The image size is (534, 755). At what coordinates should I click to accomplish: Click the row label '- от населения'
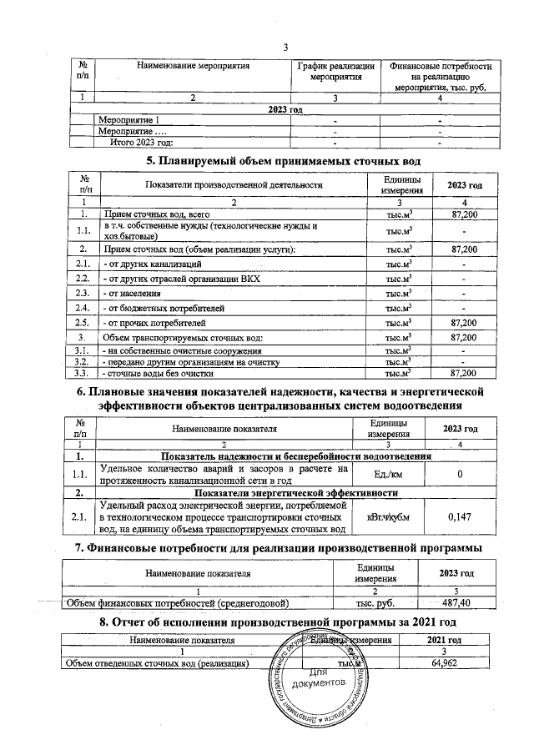[x=133, y=293]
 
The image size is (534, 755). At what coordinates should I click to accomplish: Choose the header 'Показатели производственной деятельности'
[x=233, y=184]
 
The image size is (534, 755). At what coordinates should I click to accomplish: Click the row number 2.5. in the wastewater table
[x=83, y=321]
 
